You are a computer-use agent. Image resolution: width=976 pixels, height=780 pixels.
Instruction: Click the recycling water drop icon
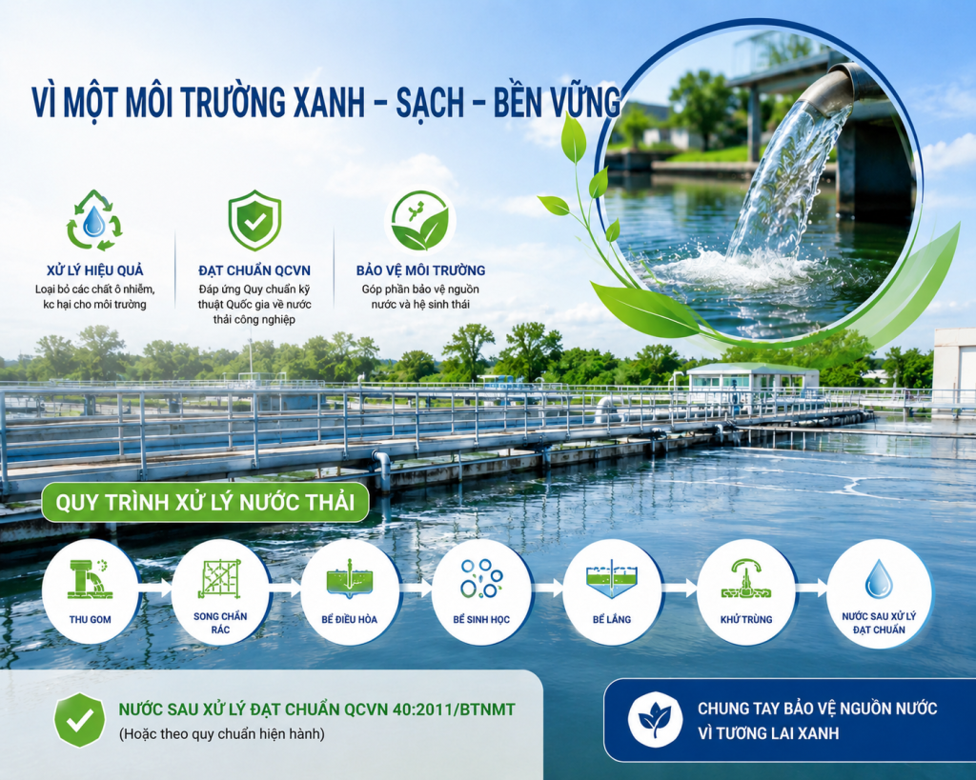94,221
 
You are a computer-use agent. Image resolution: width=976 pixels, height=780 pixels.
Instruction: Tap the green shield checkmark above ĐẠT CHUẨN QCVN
254,221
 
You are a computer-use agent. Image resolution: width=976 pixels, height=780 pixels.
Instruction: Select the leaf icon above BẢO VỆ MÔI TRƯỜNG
420,222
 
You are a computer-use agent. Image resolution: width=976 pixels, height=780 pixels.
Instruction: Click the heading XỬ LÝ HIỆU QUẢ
95,270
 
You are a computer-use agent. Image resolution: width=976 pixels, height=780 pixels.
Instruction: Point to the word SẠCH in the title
430,103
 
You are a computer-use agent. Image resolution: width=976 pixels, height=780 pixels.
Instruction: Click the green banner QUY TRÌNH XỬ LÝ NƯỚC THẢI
205,502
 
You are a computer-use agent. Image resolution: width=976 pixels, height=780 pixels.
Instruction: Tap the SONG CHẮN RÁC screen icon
220,577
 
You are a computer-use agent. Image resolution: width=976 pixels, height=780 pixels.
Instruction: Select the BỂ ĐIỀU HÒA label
349,619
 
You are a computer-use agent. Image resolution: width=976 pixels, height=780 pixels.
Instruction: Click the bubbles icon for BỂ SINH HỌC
482,578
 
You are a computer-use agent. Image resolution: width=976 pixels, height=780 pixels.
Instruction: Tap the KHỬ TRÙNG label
745,619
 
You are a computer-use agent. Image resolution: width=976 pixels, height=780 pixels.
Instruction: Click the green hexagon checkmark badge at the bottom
80,720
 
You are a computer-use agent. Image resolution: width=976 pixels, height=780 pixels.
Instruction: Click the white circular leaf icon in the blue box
655,720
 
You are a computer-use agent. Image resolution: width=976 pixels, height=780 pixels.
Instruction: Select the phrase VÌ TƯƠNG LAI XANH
769,732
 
